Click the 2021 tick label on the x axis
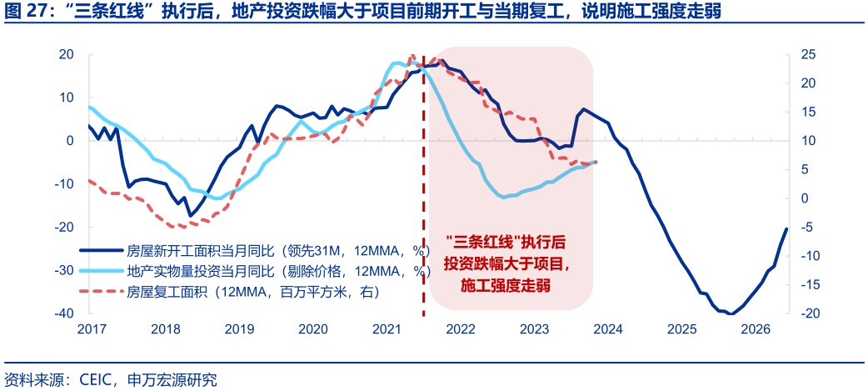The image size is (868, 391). coord(387,329)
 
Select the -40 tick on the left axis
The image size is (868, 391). coord(63,313)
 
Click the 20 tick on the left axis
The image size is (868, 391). coord(67,54)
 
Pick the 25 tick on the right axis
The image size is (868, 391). coord(806,54)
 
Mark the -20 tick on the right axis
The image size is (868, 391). coord(806,313)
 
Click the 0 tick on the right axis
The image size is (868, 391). coord(803,198)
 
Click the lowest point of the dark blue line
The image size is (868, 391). coord(730,313)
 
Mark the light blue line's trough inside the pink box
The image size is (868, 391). coord(500,197)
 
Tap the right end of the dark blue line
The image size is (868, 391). coord(786,229)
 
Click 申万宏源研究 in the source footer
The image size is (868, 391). coord(172,380)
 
